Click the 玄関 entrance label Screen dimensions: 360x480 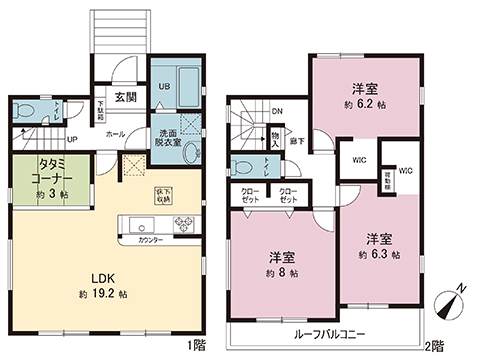coord(125,96)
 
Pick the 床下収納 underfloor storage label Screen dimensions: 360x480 coord(163,194)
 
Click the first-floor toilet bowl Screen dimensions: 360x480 coord(28,108)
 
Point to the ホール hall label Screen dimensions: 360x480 coord(114,132)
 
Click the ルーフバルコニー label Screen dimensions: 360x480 coord(326,335)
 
